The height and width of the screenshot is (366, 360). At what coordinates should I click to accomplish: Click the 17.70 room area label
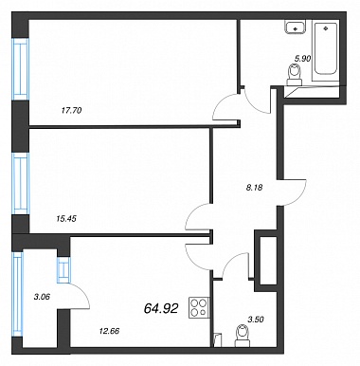pos(71,111)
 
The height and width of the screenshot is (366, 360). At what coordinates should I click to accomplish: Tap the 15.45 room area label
pos(66,218)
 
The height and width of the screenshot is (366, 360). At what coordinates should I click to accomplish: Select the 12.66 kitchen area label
pos(109,331)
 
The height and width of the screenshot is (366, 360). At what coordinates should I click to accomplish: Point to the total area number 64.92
pos(161,308)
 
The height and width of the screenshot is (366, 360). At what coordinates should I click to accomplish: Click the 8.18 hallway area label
pos(255,188)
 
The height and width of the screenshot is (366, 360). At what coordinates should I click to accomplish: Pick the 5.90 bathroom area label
pos(303,59)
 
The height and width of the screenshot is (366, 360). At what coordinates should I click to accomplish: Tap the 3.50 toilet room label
pos(256,320)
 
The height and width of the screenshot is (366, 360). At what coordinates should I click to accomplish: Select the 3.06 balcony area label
pos(42,297)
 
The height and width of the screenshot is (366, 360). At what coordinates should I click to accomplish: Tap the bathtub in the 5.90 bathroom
pos(325,51)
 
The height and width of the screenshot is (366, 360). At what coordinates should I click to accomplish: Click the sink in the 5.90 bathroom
pos(296,27)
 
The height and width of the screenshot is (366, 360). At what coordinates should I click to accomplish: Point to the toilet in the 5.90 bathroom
pos(295,75)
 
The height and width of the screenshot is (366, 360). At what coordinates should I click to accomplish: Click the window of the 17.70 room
pos(21,69)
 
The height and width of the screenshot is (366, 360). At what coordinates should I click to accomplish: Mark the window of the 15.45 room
pos(21,184)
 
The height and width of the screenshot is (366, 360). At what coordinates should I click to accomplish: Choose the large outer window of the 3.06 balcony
pos(17,295)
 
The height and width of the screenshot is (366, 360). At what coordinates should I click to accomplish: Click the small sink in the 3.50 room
pos(217,340)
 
